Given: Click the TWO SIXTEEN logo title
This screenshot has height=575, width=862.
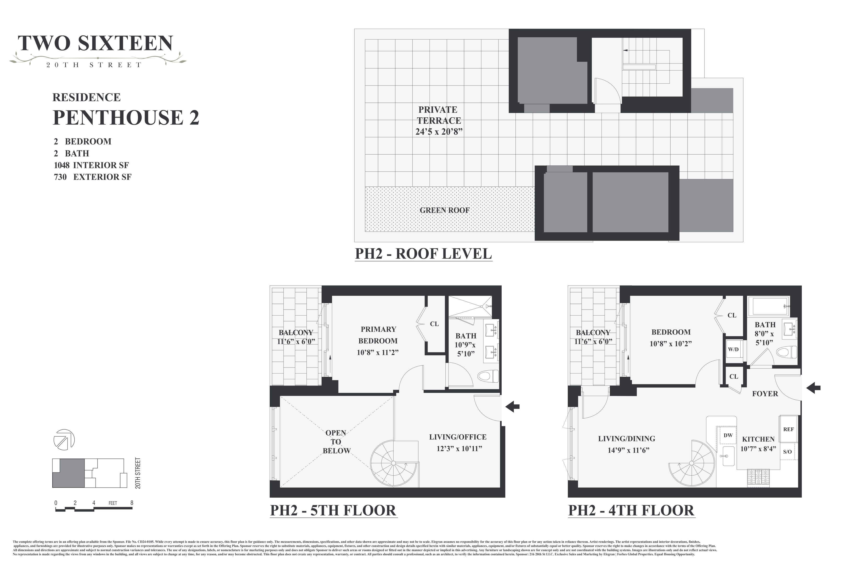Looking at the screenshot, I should (95, 43).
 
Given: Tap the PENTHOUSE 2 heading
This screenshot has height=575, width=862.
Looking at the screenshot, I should (126, 117).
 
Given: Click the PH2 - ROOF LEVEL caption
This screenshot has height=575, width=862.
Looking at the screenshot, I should (423, 254).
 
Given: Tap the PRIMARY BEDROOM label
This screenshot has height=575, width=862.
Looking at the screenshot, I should (378, 335).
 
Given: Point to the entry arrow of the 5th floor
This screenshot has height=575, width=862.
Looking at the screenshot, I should (512, 406).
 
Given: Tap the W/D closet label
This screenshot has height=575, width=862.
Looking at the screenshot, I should (733, 350).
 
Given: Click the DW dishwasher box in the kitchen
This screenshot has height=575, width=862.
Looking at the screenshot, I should (728, 435).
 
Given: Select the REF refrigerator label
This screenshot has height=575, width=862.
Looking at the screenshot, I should (788, 429).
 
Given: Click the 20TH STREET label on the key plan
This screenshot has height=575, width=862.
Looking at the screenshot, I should (138, 473).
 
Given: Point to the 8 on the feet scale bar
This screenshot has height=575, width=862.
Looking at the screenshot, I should (131, 503).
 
